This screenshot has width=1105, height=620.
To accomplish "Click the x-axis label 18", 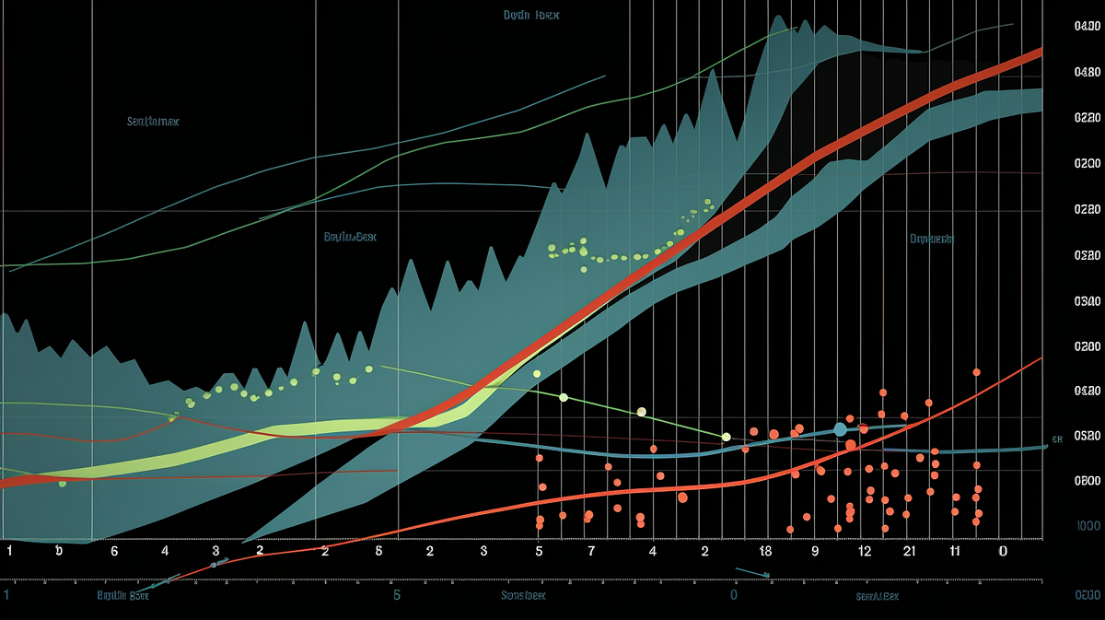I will click(765, 551).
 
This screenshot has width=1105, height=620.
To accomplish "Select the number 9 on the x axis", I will click(815, 551).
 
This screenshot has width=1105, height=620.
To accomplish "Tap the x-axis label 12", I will click(865, 551).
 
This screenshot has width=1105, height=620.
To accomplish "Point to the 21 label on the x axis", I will click(909, 551).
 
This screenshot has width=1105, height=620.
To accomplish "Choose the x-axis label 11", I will click(955, 551).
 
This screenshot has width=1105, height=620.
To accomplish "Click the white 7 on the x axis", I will click(591, 551).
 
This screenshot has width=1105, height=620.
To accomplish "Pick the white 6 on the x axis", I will click(114, 551).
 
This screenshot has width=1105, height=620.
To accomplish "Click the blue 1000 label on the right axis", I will click(1088, 525).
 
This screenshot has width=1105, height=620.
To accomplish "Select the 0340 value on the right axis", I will click(1088, 301).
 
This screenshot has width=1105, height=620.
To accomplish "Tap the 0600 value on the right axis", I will click(1088, 480).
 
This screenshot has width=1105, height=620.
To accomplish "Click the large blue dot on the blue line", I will click(840, 429).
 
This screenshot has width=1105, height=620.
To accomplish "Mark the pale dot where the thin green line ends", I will click(726, 437).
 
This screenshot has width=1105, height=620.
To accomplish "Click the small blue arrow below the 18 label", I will click(765, 576).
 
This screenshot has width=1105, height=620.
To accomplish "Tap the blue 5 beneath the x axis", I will click(397, 595).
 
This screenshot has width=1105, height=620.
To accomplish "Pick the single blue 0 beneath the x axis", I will click(734, 595).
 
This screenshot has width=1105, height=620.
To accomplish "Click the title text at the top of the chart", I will click(532, 16).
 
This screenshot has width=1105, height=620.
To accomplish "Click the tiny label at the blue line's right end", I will click(1058, 439).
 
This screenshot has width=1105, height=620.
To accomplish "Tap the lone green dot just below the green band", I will click(62, 483).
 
